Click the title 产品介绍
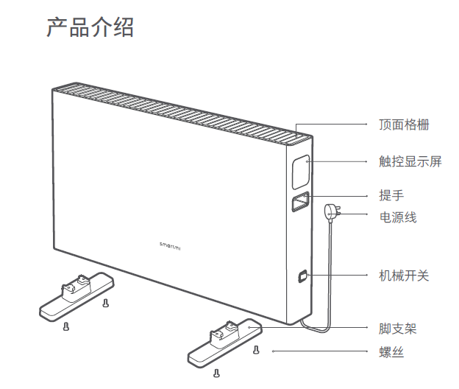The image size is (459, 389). click(x=90, y=27)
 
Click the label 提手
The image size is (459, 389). click(x=391, y=195)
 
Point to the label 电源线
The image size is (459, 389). click(x=398, y=217)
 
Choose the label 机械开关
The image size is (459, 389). click(x=404, y=276)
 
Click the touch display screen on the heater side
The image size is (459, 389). click(x=299, y=172)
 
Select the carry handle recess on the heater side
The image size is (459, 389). click(x=300, y=203)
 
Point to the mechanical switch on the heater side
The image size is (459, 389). click(x=302, y=277)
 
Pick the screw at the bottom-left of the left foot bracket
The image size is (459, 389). click(x=67, y=326)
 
